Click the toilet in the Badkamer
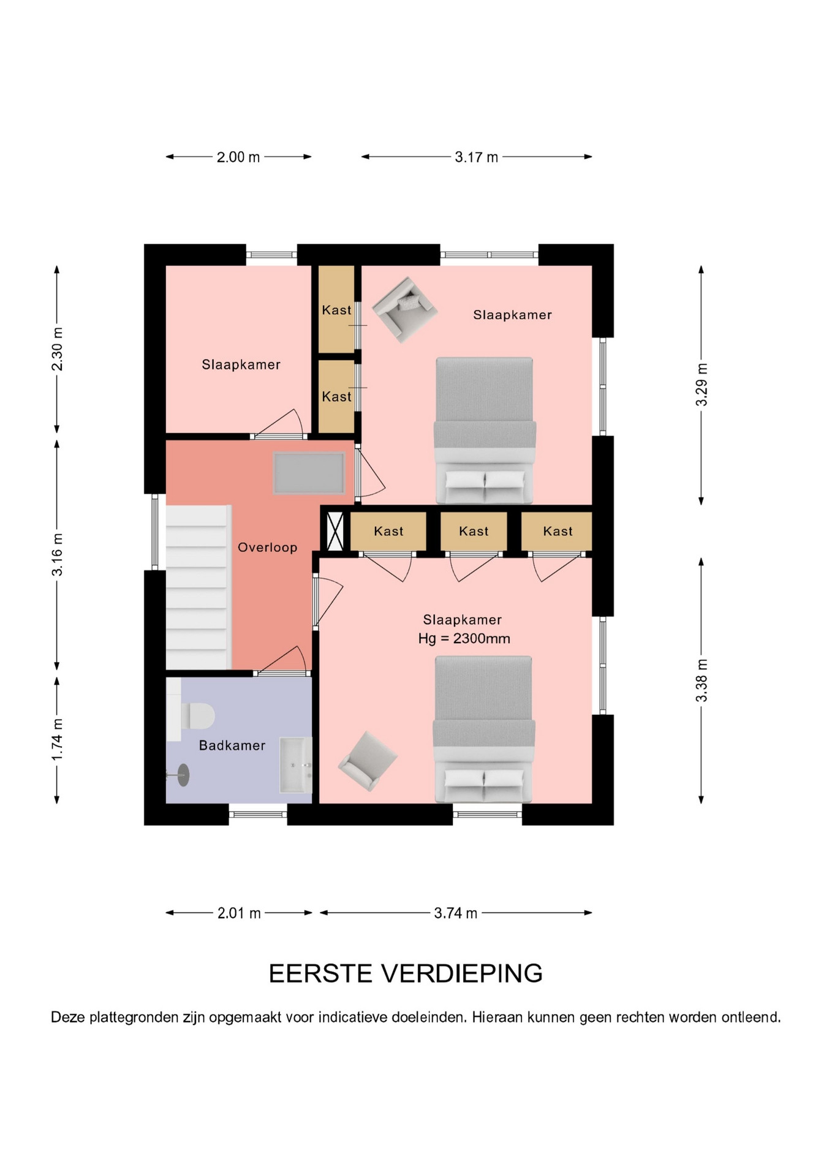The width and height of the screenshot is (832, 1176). click(191, 715)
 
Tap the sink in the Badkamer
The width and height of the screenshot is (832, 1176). click(296, 765)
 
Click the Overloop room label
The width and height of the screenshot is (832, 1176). click(268, 548)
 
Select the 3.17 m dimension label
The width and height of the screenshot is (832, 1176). click(476, 157)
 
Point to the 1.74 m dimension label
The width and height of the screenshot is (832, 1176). click(57, 740)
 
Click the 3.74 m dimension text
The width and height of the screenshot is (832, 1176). click(455, 913)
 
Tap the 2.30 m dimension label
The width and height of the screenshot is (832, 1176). click(57, 349)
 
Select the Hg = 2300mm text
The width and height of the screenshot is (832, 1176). click(464, 639)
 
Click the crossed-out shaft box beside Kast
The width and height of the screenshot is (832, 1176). click(335, 531)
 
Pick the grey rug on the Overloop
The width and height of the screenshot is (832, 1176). click(309, 473)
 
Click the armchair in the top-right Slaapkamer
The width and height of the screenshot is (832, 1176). click(405, 309)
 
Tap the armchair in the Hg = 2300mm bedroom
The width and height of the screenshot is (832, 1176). click(368, 761)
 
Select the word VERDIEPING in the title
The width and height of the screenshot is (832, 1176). click(462, 973)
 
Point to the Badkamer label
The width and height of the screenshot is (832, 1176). click(232, 745)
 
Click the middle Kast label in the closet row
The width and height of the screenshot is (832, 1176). click(474, 531)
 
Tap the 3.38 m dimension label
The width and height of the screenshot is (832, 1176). click(702, 680)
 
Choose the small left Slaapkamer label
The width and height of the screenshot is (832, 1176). click(241, 364)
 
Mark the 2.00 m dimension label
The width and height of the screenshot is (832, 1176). click(238, 157)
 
